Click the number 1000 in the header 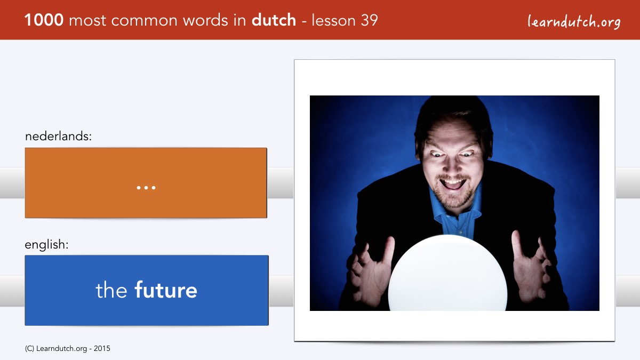coord(44,20)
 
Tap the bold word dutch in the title coord(274,20)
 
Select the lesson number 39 coord(369,20)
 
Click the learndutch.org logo coord(574,21)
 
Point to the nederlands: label coord(58,136)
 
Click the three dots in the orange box coord(146,187)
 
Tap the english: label coord(46,245)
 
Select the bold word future coord(166,290)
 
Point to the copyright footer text coord(67,348)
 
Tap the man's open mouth coord(453,183)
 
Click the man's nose coord(451,165)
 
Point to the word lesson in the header coord(333,20)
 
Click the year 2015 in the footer coord(102,348)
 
